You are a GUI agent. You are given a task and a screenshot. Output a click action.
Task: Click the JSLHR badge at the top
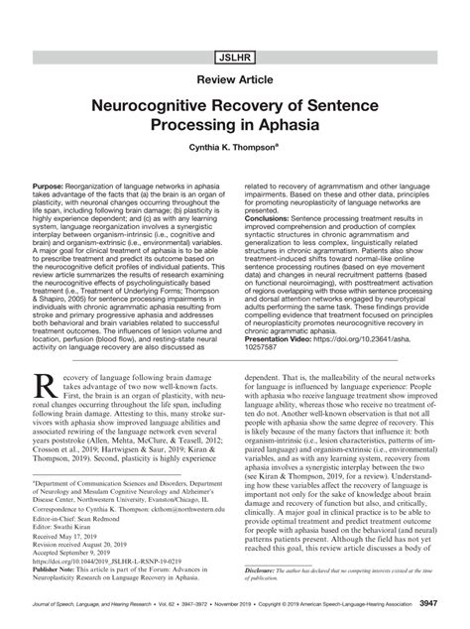click(x=235, y=47)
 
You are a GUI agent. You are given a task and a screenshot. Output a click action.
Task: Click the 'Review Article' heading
click(x=235, y=80)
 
